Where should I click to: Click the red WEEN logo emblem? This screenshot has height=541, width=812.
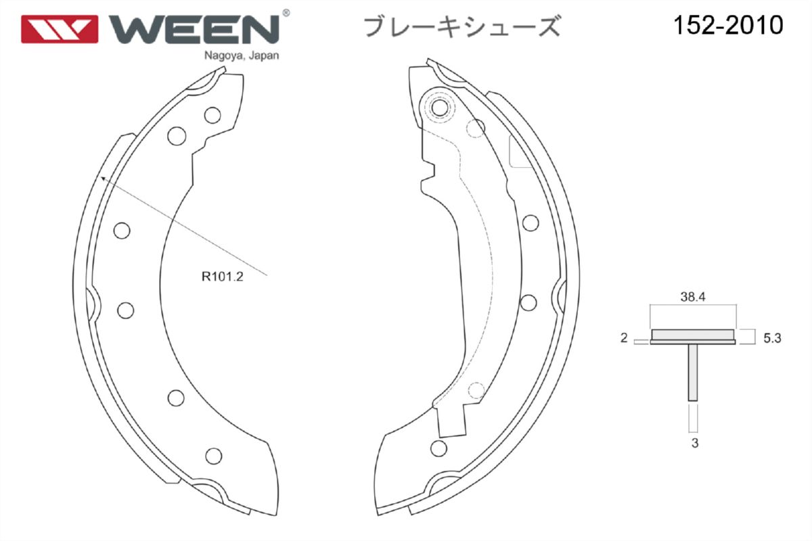[60, 29]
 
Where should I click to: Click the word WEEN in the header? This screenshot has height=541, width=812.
[194, 29]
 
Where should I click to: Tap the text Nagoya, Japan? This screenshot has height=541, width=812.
[242, 56]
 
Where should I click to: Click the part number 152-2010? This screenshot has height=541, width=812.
[729, 26]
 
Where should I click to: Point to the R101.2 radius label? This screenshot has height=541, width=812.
[222, 277]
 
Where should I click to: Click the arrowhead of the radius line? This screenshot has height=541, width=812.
[104, 179]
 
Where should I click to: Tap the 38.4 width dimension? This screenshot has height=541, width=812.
[693, 297]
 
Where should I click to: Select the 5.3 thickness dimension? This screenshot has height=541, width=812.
[772, 338]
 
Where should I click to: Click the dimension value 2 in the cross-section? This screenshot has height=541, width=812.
[623, 337]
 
